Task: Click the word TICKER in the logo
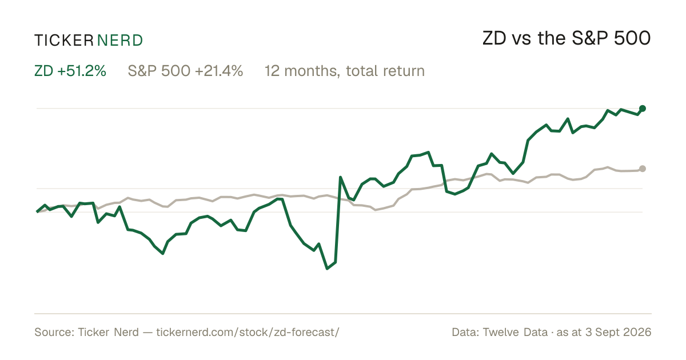[x=63, y=41]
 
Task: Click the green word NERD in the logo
[x=119, y=41]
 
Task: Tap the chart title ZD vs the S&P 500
[x=567, y=38]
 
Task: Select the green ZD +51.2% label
[x=70, y=71]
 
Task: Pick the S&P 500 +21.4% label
[x=185, y=71]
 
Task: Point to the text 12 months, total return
[x=345, y=71]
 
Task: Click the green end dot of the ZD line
[x=643, y=109]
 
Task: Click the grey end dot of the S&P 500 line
[x=643, y=169]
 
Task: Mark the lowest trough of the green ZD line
[x=327, y=269]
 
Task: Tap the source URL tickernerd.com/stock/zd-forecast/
[x=248, y=332]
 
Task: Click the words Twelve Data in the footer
[x=515, y=332]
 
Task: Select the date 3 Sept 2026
[x=619, y=332]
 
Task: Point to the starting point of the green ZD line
[x=37, y=211]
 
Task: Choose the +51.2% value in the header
[x=81, y=71]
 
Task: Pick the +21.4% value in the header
[x=218, y=71]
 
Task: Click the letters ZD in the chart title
[x=494, y=38]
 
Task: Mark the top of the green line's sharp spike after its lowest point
[x=340, y=177]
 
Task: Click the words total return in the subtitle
[x=385, y=71]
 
